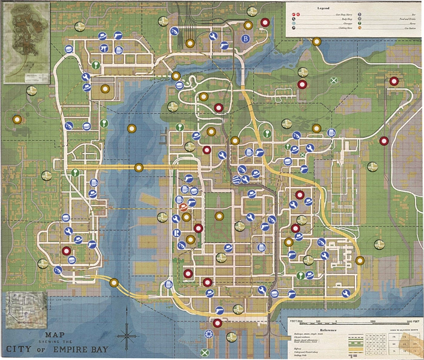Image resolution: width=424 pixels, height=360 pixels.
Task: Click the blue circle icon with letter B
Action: click(x=245, y=39)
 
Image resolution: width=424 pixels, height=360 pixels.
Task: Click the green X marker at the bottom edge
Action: click(x=205, y=353)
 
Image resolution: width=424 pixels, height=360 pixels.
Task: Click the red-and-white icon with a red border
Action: click(x=183, y=207)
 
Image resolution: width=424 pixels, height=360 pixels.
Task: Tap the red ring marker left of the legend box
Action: click(x=265, y=23)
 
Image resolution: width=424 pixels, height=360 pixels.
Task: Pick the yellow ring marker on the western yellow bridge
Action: click(x=139, y=168)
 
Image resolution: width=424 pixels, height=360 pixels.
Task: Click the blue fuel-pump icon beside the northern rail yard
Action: click(x=174, y=31)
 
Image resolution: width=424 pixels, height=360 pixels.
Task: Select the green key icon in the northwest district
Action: click(x=95, y=65)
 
